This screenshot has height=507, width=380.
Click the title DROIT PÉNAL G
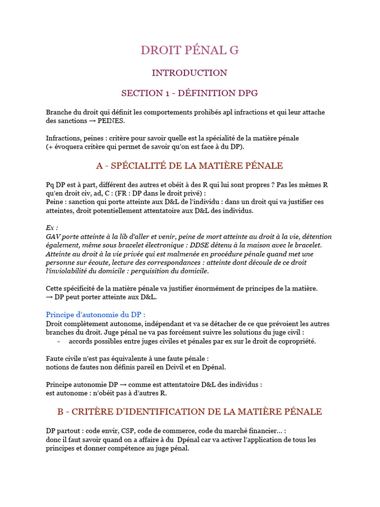(x=190, y=50)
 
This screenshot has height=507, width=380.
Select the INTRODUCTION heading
(x=190, y=73)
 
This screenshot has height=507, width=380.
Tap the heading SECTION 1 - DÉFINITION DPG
(x=190, y=93)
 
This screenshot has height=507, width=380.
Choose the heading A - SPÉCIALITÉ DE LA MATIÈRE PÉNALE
(x=190, y=165)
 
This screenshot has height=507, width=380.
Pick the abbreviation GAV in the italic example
(x=53, y=237)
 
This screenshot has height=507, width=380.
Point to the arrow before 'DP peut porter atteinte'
(x=49, y=297)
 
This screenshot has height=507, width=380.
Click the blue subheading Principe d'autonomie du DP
(x=96, y=314)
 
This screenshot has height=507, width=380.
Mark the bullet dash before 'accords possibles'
(x=59, y=341)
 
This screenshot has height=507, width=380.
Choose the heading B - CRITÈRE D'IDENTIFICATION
(x=190, y=411)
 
